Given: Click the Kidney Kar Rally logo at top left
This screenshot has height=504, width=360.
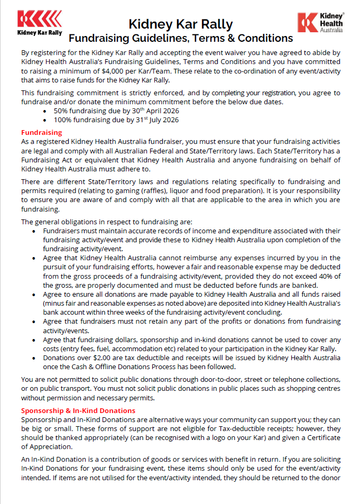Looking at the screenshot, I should [39, 23].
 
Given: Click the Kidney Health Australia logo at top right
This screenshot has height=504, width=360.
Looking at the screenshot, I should [321, 23].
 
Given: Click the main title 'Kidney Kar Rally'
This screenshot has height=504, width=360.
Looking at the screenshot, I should [180, 24].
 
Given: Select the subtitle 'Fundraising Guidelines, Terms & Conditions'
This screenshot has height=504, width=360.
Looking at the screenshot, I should [181, 38].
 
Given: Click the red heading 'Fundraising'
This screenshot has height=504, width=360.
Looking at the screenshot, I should [41, 132].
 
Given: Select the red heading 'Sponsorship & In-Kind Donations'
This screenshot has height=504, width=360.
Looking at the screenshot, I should [78, 410].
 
